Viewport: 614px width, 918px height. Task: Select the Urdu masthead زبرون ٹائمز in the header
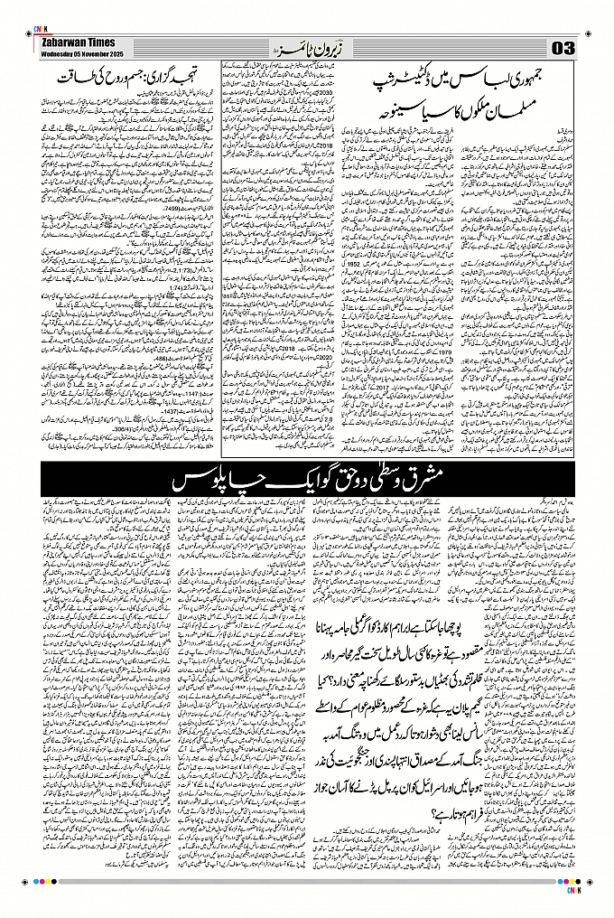[x=306, y=46]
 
